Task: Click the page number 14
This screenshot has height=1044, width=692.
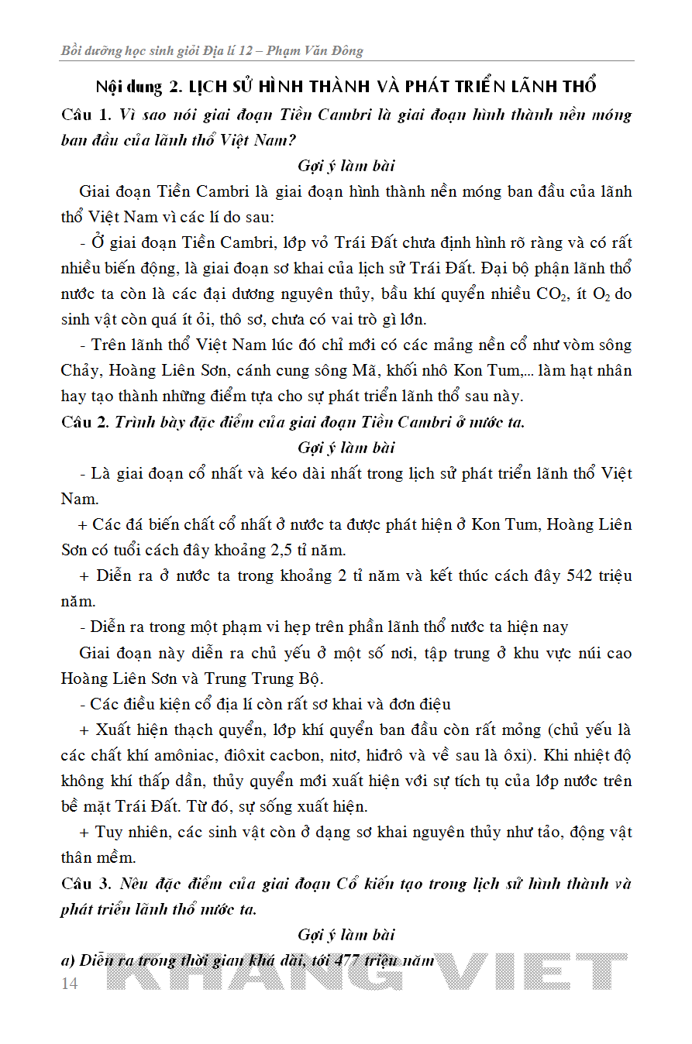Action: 69,983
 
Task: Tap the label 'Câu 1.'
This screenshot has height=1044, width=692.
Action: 86,115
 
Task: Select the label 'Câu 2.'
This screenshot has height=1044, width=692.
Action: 86,423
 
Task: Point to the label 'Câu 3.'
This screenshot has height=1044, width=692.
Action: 86,884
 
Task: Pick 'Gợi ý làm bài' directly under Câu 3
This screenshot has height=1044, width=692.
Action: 346,936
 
